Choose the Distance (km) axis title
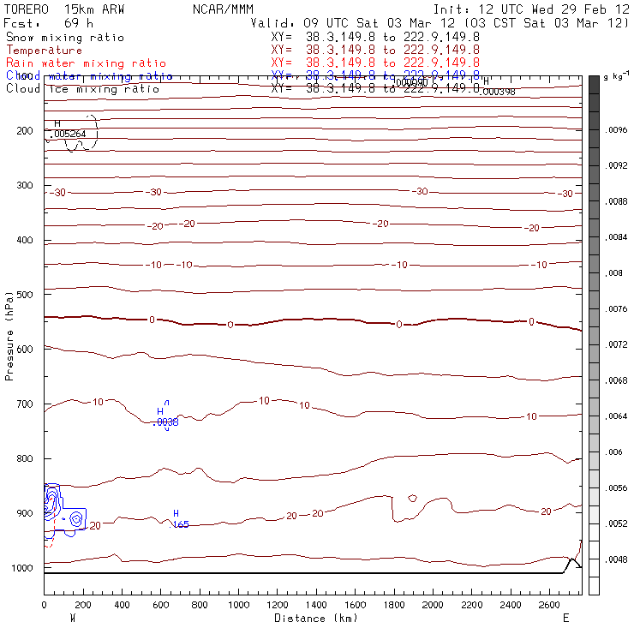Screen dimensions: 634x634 312,618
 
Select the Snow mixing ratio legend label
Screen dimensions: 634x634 64,38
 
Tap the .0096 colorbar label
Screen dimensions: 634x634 618,130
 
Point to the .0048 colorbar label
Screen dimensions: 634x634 618,559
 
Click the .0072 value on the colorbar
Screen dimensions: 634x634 618,344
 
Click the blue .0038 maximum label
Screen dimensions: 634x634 165,422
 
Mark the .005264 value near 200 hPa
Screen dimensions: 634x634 69,134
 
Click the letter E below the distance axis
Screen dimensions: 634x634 565,618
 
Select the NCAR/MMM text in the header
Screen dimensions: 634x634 223,9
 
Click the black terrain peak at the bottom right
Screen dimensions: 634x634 572,559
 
